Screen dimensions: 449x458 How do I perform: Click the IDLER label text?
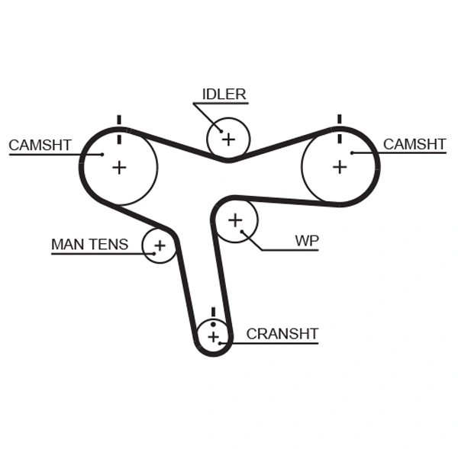(224, 95)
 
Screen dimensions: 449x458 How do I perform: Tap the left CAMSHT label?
(40, 145)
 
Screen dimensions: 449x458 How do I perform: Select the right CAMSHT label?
(414, 144)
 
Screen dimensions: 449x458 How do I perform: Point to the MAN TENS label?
(89, 245)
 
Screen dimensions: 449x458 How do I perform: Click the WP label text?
(307, 241)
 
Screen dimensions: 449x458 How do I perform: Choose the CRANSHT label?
(282, 334)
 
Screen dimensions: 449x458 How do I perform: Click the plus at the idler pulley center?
(227, 139)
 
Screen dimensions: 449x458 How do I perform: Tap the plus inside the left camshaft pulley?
(119, 167)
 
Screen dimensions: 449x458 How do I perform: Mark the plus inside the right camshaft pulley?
(339, 166)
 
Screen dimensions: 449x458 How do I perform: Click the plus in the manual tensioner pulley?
(160, 245)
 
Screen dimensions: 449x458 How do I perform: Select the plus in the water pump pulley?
(235, 220)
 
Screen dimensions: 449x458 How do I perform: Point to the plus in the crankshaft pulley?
(213, 336)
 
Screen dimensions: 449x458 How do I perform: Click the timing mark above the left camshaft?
(118, 122)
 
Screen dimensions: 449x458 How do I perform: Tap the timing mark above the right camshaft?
(338, 120)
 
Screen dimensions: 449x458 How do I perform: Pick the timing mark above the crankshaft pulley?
(213, 312)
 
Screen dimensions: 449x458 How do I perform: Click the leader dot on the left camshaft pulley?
(102, 154)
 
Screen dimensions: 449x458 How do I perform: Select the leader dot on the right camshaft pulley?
(353, 153)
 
